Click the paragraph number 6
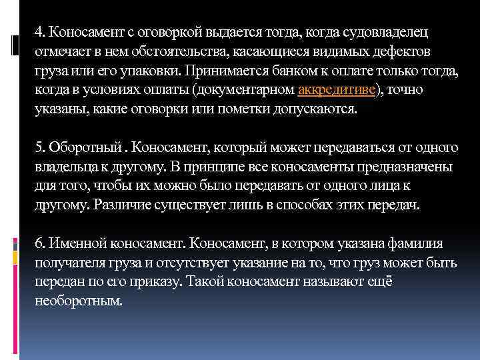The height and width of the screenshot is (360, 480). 39,244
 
